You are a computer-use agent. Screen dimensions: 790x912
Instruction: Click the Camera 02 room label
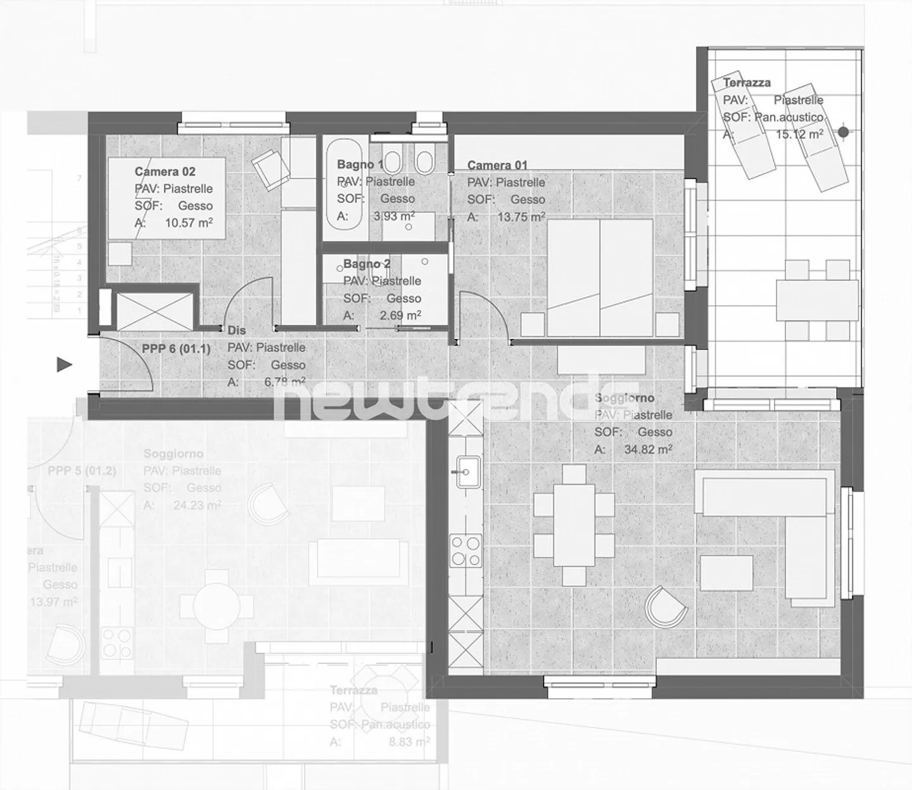[x=165, y=172]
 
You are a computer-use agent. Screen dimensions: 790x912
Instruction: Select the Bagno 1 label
[x=359, y=165]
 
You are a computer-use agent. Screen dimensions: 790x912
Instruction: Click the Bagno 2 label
[x=367, y=264]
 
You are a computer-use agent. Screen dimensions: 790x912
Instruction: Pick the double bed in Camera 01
[x=599, y=277]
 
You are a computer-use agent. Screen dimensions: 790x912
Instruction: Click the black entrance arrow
[x=65, y=365]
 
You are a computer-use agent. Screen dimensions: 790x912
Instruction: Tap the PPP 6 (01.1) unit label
[x=175, y=348]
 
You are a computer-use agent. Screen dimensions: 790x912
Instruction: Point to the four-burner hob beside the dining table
[x=465, y=551]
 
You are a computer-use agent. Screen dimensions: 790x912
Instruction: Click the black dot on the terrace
[x=843, y=132]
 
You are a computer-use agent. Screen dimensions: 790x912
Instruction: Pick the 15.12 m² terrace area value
[x=799, y=134]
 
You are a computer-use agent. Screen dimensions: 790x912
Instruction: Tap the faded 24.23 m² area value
[x=197, y=506]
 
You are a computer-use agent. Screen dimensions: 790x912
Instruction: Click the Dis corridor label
[x=236, y=330]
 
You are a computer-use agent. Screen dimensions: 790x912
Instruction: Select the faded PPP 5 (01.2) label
[x=82, y=471]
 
